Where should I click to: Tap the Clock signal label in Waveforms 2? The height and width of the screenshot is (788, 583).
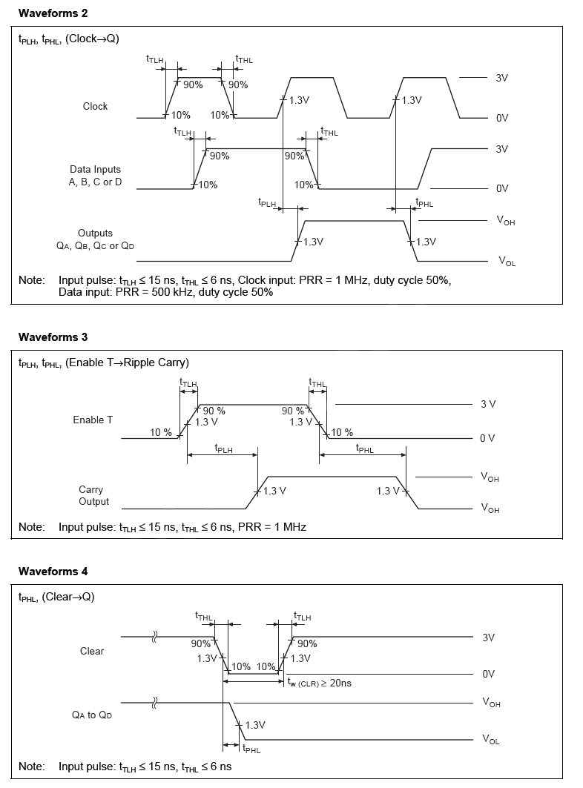95,106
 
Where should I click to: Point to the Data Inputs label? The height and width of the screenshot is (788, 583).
95,176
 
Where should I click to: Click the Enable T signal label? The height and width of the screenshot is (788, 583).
93,420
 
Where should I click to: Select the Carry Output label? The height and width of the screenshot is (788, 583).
93,495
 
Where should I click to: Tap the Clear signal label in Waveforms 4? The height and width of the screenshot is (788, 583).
92,651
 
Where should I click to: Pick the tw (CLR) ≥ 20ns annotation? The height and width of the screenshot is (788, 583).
319,683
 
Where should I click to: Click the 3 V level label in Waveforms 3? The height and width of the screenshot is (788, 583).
487,404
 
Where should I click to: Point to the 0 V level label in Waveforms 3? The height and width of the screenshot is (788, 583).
487,438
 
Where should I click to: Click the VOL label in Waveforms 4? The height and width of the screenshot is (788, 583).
491,739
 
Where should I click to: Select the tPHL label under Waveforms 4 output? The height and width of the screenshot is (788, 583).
251,749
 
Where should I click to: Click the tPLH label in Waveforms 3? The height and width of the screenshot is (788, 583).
223,448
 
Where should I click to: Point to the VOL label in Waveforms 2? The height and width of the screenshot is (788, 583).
507,262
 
